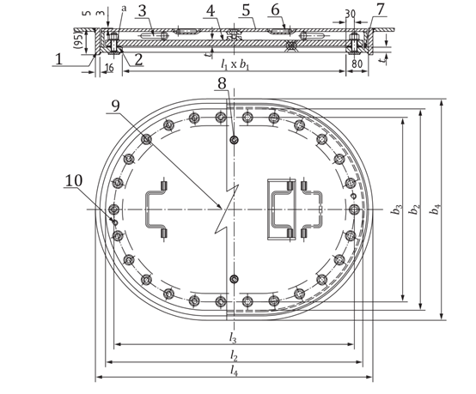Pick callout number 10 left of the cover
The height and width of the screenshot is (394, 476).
coord(74,181)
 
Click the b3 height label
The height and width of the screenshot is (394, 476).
coord(394,209)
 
